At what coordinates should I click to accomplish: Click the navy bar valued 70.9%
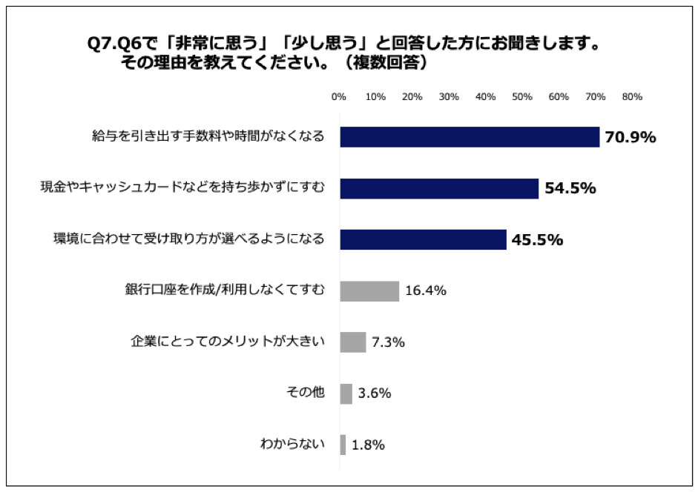(x=470, y=137)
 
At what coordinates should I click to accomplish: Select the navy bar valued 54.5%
(x=439, y=188)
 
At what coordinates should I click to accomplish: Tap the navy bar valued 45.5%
(x=423, y=239)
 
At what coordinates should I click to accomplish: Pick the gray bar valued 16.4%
(x=369, y=290)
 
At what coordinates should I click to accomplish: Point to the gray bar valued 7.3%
(x=353, y=342)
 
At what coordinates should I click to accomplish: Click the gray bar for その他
(x=346, y=393)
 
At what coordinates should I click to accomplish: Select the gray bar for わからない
(x=343, y=445)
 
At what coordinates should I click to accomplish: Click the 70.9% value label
(x=630, y=137)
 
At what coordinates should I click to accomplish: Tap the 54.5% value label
(x=570, y=188)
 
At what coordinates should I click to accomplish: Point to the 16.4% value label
(x=425, y=291)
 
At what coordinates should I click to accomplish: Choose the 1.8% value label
(x=368, y=445)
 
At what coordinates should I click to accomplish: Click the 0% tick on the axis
(x=339, y=97)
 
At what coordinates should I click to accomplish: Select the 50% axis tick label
(x=522, y=97)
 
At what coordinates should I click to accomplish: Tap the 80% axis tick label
(x=632, y=97)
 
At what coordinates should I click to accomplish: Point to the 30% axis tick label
(x=449, y=97)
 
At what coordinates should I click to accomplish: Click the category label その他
(x=306, y=393)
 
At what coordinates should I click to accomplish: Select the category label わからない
(x=292, y=445)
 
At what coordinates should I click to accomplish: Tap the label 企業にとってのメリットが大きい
(x=228, y=342)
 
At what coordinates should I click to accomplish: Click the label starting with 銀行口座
(x=224, y=290)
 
